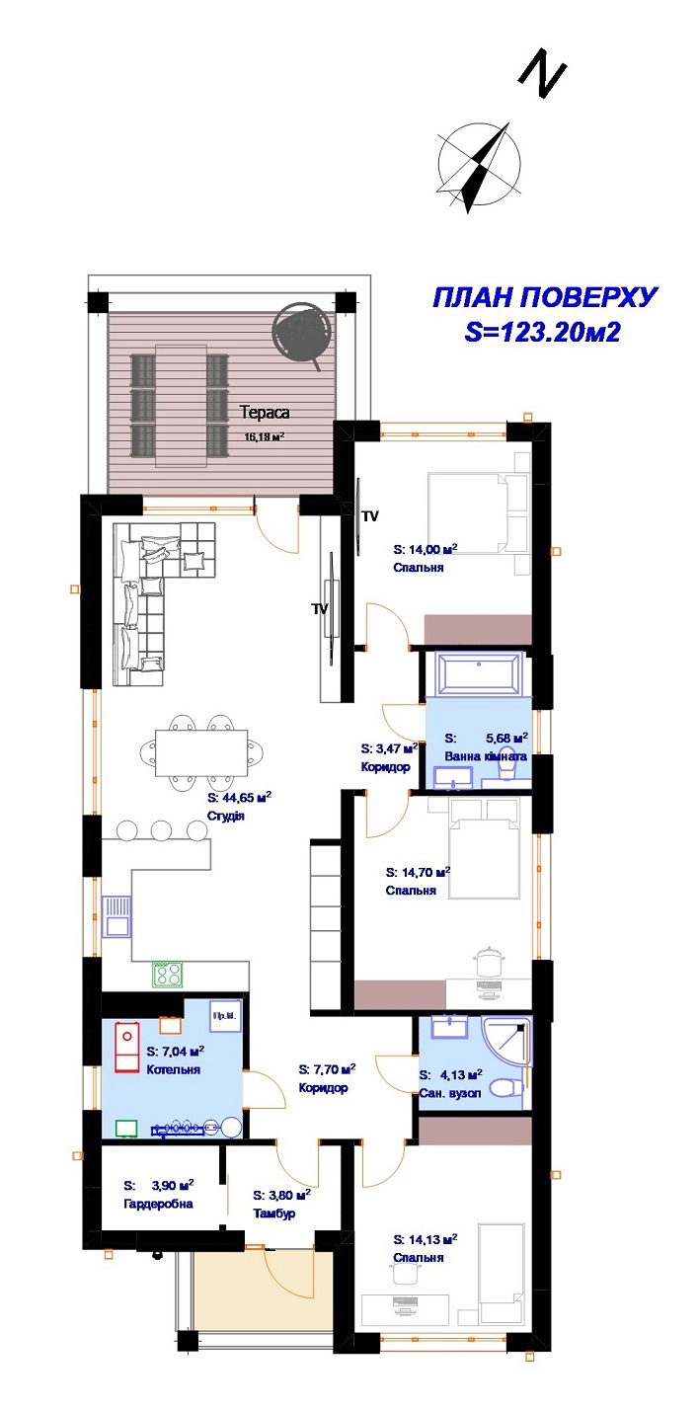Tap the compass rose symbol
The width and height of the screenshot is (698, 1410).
[x=479, y=166]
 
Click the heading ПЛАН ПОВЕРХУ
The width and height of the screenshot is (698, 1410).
[x=545, y=297]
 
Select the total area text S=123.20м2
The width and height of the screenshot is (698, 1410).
[x=543, y=332]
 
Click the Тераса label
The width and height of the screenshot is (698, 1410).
[x=265, y=413]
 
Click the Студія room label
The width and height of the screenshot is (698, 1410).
[x=225, y=816]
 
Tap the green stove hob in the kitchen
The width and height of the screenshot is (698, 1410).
[x=168, y=975]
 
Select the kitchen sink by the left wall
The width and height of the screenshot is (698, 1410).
[x=116, y=916]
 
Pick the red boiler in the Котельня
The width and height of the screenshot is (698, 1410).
[x=126, y=1048]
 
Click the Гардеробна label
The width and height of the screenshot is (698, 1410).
[x=158, y=1204]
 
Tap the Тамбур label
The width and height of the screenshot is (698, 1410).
[x=273, y=1213]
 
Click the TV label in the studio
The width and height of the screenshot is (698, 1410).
[x=320, y=608]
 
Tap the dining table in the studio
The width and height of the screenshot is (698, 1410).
[x=201, y=753]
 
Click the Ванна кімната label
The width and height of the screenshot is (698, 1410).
[x=486, y=756]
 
